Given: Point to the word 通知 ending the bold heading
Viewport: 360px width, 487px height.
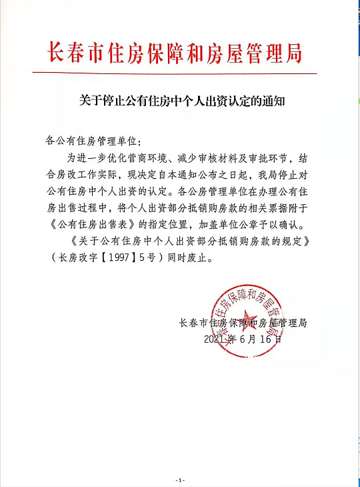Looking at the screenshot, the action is pos(275,102).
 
